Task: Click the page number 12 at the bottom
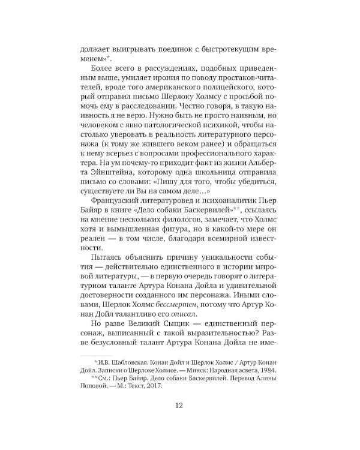[179, 405]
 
